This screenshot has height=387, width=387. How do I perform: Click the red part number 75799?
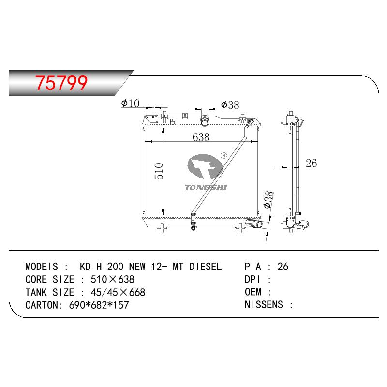(61, 83)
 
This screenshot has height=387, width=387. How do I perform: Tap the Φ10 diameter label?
(130, 104)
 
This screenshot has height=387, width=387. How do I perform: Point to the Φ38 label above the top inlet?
(230, 105)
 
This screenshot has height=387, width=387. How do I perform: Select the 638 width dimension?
(201, 137)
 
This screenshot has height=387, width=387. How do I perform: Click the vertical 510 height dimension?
(159, 171)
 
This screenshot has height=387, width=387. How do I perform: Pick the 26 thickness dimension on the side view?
(311, 163)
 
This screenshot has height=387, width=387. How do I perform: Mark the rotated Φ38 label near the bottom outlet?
(268, 200)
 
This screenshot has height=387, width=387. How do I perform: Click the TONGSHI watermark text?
(206, 187)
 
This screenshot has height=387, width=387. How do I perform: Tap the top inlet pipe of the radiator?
(204, 120)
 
